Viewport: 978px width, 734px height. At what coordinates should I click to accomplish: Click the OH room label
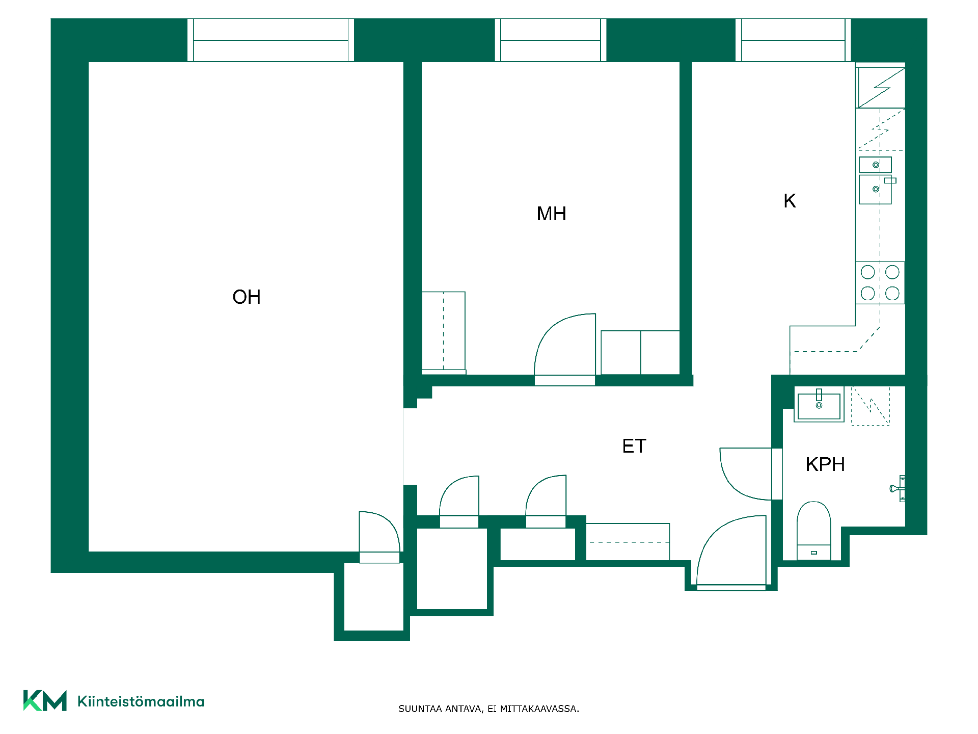tap(247, 297)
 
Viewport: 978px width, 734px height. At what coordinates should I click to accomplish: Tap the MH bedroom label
tap(551, 214)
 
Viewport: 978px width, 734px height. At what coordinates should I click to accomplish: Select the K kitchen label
tap(790, 201)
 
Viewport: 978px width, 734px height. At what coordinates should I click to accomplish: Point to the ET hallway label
tap(634, 446)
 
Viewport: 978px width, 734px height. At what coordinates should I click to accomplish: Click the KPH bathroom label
tap(825, 464)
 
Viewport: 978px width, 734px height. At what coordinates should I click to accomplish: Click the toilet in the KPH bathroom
tap(814, 530)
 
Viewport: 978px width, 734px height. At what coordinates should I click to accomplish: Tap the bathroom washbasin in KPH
tap(819, 405)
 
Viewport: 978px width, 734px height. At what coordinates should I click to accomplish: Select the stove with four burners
tap(880, 283)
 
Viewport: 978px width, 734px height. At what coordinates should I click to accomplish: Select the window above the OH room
tap(270, 40)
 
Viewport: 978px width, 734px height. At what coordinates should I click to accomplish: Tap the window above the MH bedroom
tap(551, 40)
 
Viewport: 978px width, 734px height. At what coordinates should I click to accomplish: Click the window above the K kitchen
tap(793, 40)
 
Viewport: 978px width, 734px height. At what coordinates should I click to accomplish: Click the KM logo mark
tap(45, 701)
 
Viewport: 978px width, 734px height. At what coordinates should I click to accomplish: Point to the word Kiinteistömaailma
tap(141, 701)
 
